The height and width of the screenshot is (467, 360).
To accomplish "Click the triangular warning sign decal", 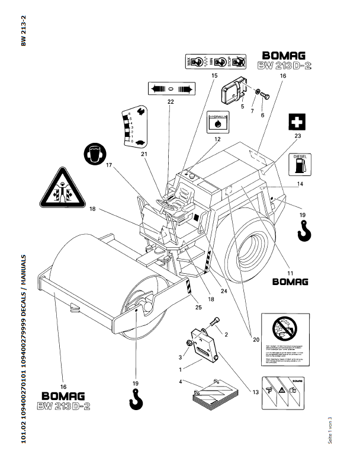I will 62,188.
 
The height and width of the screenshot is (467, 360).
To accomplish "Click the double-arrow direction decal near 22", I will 171,88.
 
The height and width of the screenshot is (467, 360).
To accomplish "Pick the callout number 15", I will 214,76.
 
